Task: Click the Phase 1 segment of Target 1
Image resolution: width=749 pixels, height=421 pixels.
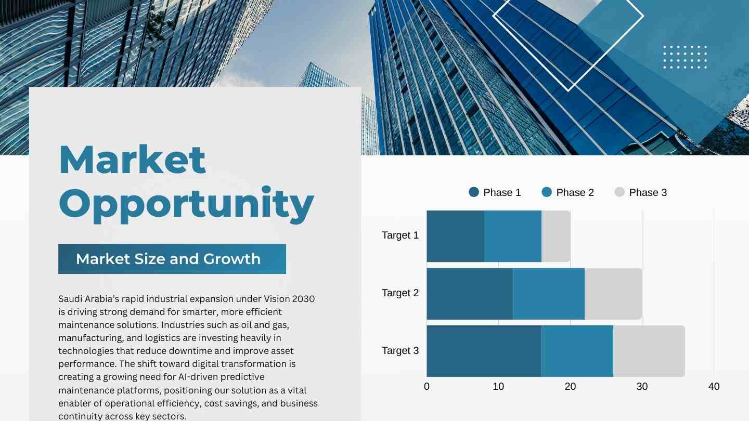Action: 456,236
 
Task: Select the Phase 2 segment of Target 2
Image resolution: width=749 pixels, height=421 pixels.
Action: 549,294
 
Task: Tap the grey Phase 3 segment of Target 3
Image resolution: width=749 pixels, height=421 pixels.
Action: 649,351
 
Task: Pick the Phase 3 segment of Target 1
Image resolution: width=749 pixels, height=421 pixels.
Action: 556,236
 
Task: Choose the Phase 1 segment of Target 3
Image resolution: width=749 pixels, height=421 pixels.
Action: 484,351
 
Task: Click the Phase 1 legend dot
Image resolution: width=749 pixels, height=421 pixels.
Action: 474,192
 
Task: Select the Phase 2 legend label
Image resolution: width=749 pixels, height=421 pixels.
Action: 575,192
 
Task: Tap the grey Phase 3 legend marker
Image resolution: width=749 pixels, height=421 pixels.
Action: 619,192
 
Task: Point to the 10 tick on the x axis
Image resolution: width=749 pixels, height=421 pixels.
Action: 498,387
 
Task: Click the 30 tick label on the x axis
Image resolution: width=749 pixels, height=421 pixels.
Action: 642,387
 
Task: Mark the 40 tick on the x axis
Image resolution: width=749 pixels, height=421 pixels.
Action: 714,387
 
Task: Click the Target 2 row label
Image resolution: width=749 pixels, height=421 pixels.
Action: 401,293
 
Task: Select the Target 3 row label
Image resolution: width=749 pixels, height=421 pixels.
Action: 401,350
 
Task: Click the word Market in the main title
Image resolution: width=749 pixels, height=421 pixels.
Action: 132,160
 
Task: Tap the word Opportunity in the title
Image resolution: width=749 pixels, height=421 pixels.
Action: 186,204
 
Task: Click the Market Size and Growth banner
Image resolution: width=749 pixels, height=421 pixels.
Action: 172,259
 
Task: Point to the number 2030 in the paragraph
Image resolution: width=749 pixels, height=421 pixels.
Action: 304,299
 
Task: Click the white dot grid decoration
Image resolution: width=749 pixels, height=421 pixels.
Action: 685,57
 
